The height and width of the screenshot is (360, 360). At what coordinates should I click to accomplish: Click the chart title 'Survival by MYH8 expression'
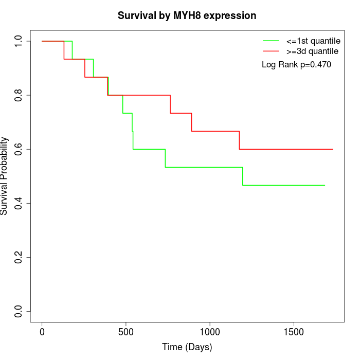pyautogui.click(x=187, y=15)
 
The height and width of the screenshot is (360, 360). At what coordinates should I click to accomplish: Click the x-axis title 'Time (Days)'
pyautogui.click(x=187, y=347)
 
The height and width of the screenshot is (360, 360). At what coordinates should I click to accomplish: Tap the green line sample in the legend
pyautogui.click(x=271, y=41)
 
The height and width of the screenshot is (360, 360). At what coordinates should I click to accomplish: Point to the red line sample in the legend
pyautogui.click(x=271, y=51)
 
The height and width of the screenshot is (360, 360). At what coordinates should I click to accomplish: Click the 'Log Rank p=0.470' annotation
pyautogui.click(x=296, y=65)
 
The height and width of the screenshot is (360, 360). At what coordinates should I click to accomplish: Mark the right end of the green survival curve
pyautogui.click(x=325, y=185)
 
